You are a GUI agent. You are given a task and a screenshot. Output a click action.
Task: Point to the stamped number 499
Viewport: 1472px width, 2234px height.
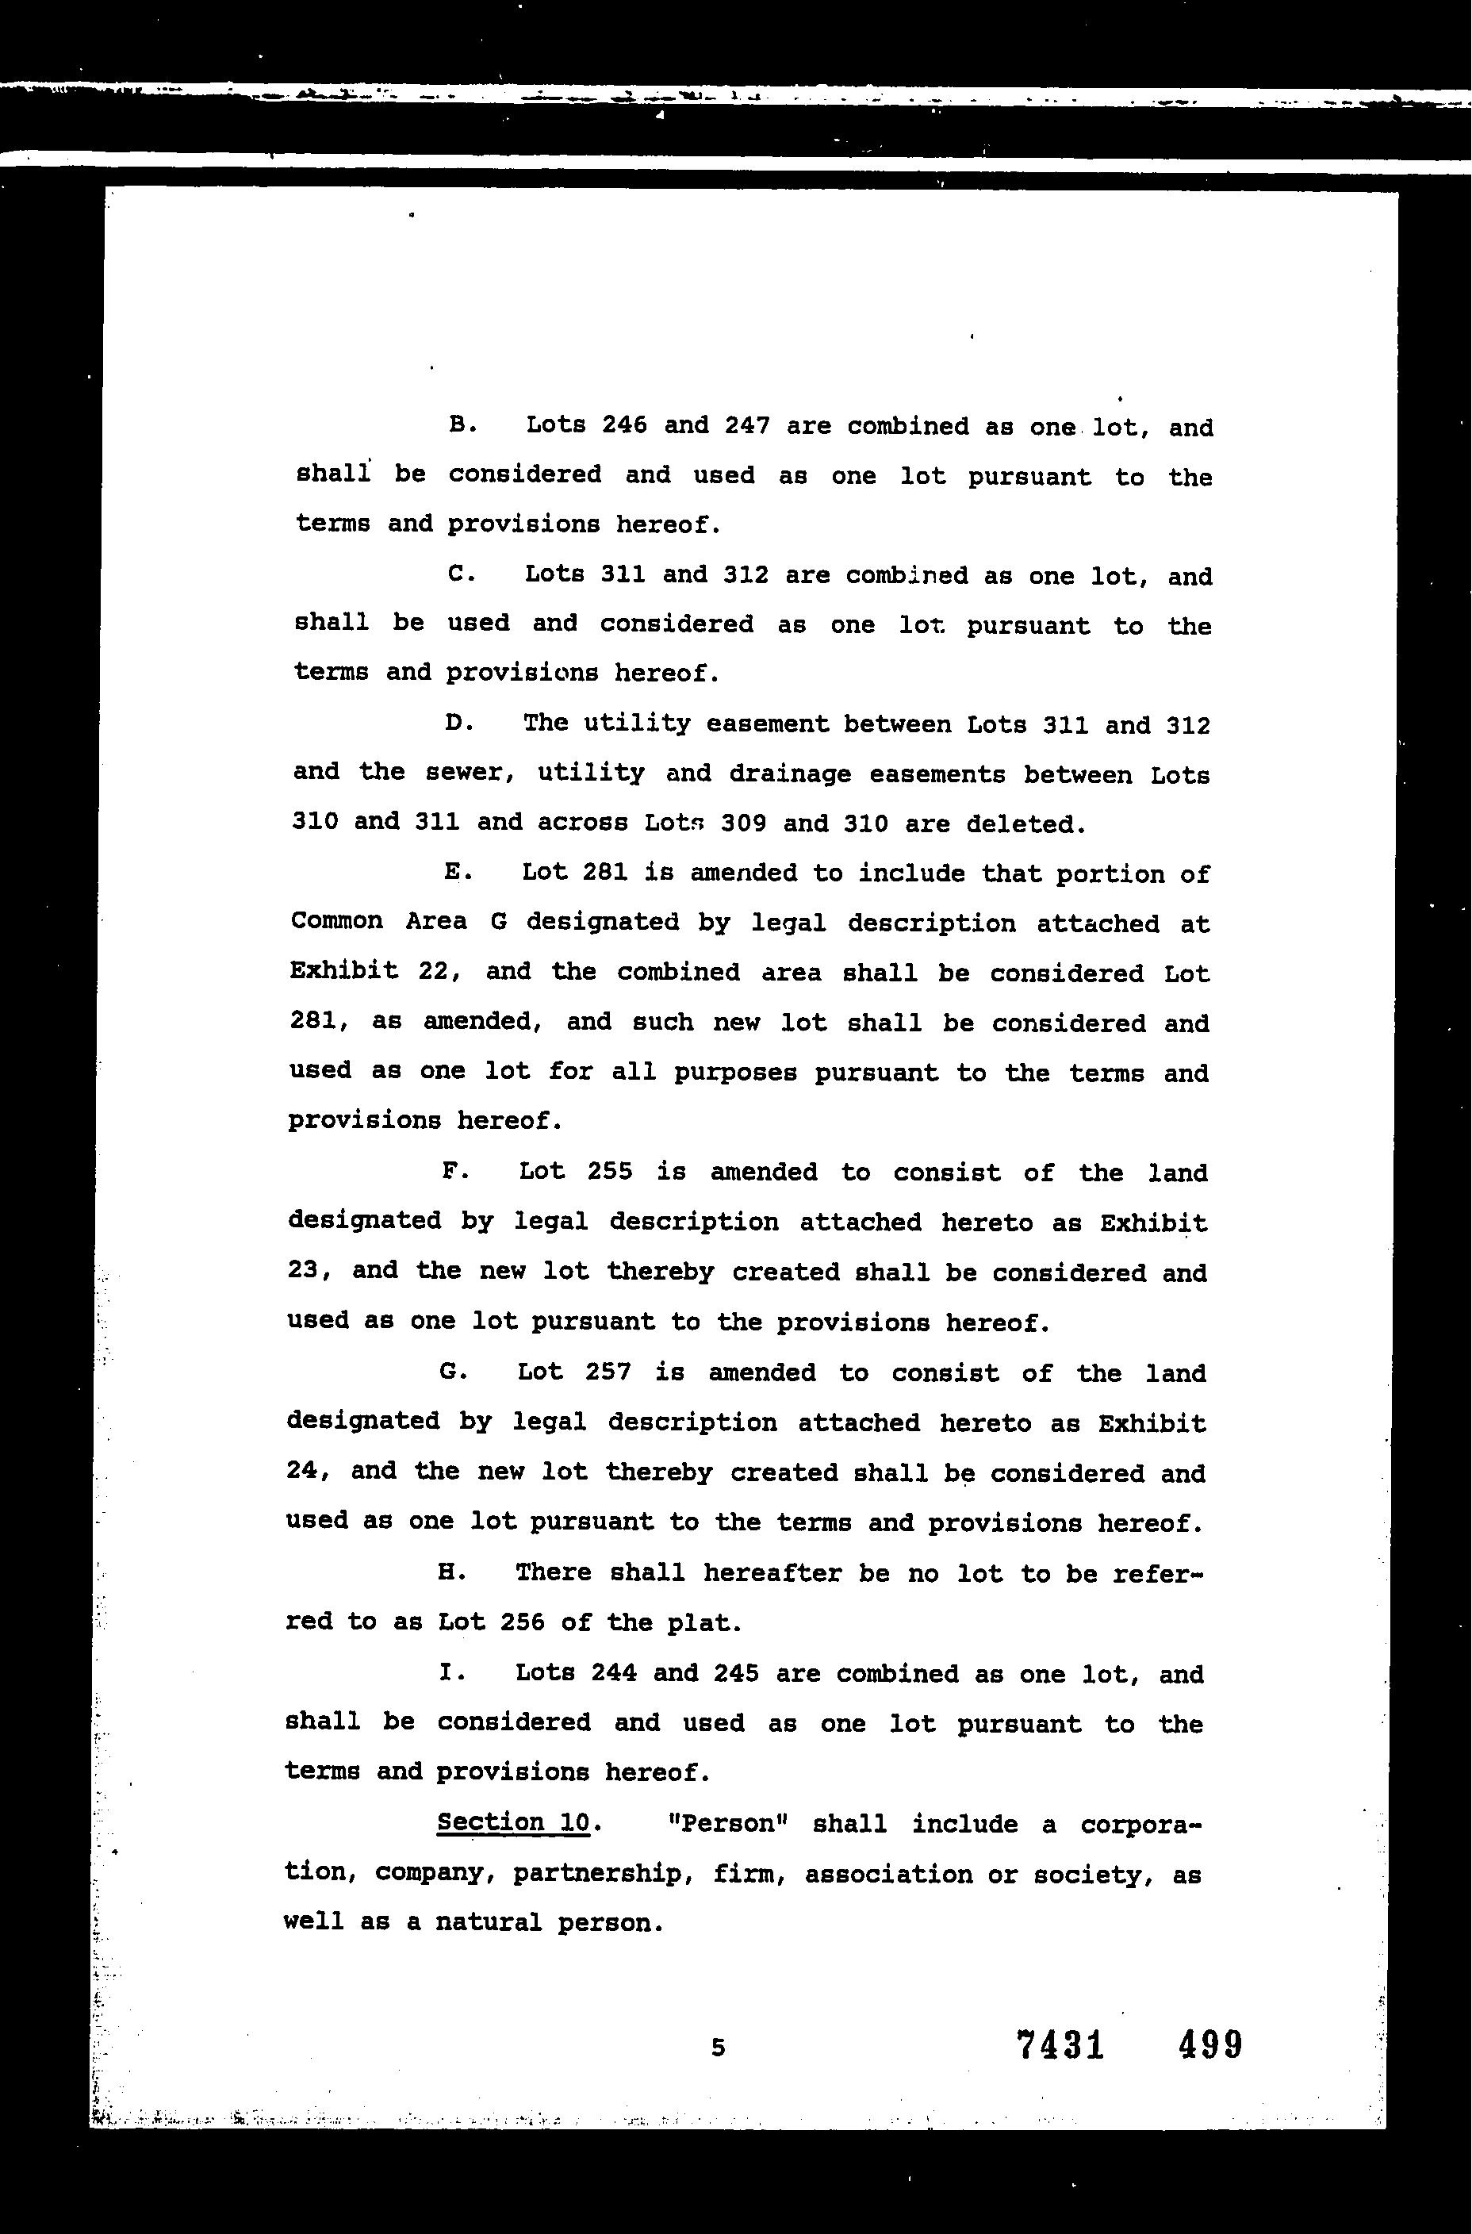pos(1210,2044)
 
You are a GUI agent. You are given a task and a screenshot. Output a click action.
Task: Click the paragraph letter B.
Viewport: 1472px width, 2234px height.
pos(459,424)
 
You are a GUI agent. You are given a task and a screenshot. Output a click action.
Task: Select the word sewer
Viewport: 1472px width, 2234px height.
pos(472,773)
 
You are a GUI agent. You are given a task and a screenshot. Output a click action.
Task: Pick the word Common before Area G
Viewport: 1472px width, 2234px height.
pos(336,921)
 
